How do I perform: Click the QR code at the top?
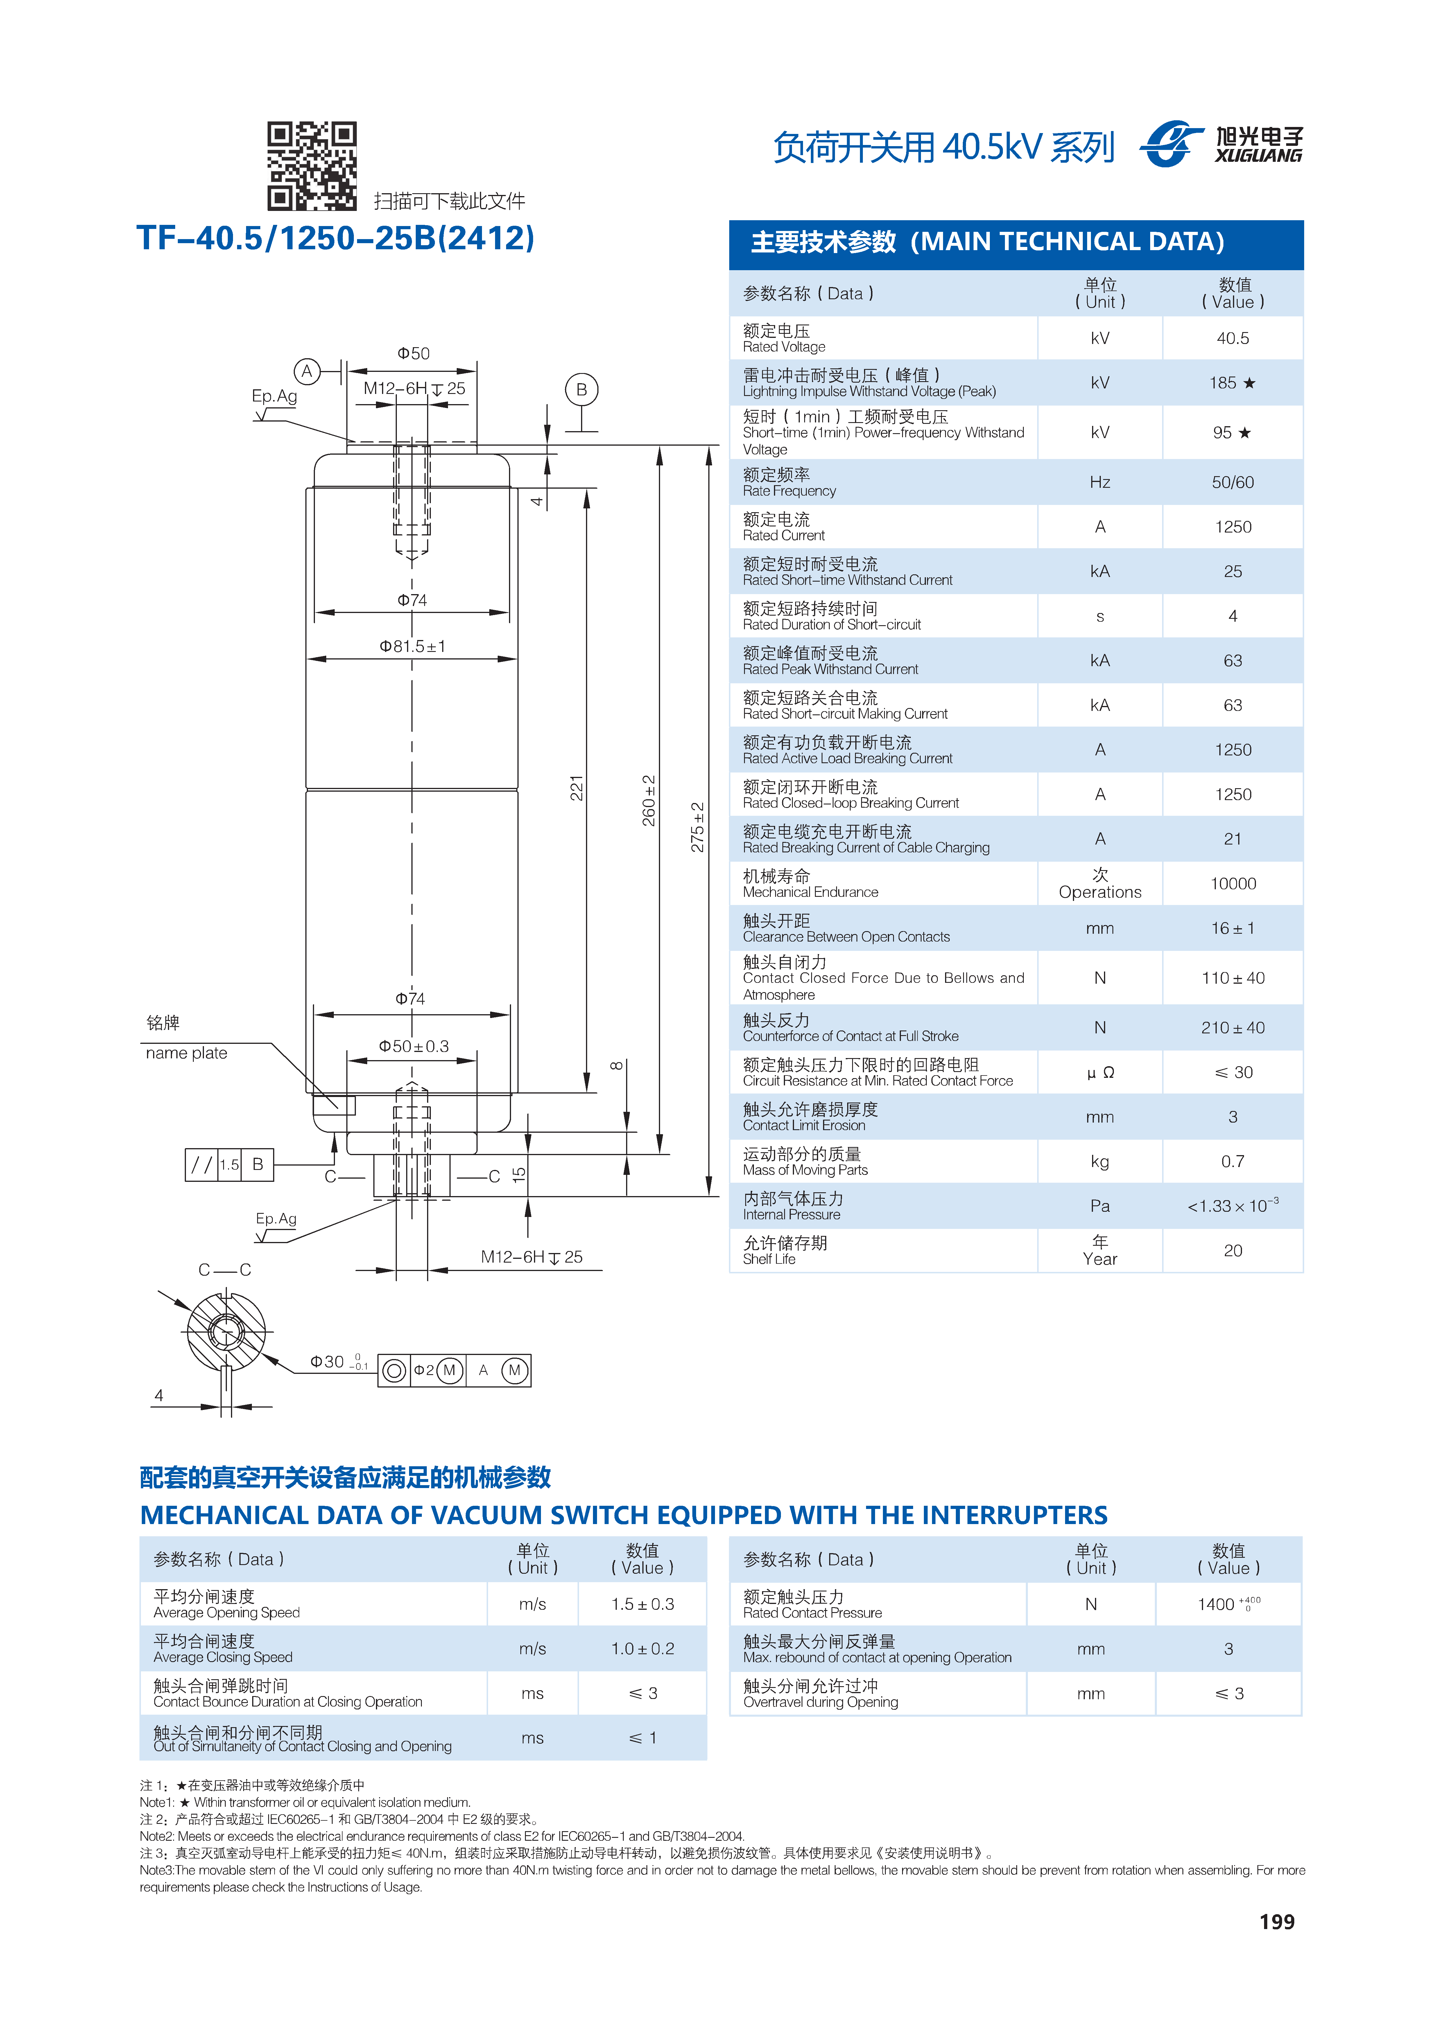click(x=313, y=166)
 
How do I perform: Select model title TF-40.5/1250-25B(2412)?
click(x=336, y=238)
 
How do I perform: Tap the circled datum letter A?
click(x=307, y=371)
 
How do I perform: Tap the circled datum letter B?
click(x=582, y=389)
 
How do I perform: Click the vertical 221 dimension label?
click(x=576, y=787)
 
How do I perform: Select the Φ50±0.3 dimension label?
click(x=414, y=1046)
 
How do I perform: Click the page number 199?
click(x=1277, y=1922)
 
